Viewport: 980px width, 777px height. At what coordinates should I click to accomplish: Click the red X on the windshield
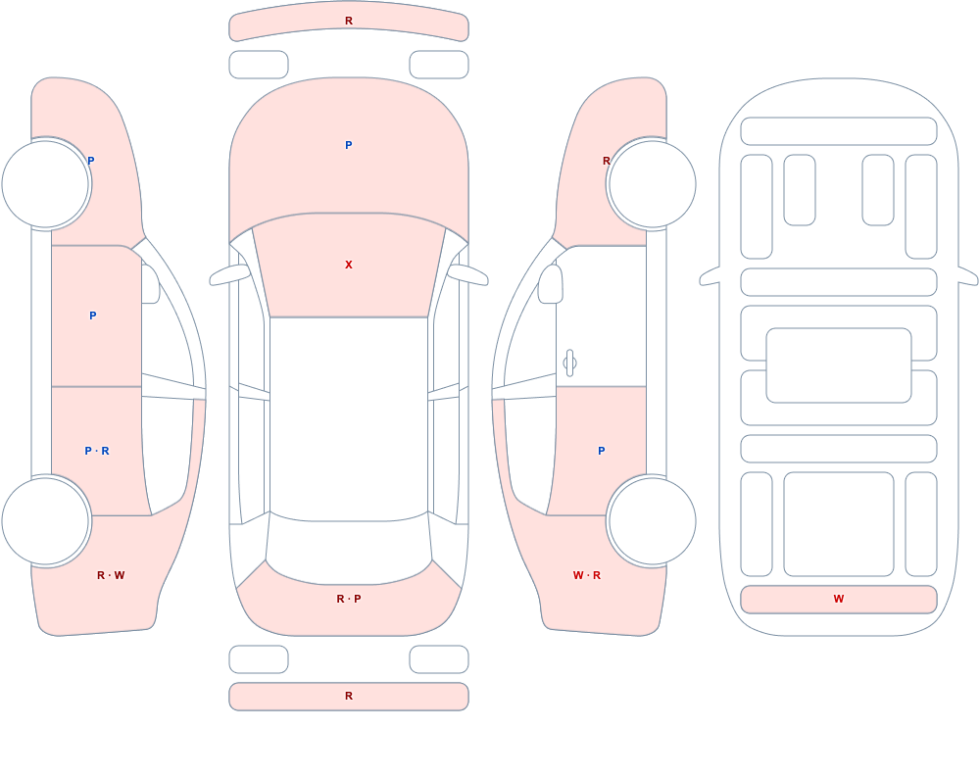click(349, 266)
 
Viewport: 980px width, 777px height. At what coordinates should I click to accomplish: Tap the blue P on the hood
click(349, 145)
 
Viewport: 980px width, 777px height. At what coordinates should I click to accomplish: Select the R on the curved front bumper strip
click(349, 22)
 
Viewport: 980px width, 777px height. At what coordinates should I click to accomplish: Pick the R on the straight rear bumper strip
click(349, 696)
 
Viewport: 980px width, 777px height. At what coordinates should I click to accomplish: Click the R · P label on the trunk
click(349, 599)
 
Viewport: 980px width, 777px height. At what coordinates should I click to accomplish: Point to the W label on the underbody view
click(839, 599)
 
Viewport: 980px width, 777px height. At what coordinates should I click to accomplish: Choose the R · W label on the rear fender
click(111, 575)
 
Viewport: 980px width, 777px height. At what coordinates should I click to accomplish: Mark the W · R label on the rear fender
click(587, 575)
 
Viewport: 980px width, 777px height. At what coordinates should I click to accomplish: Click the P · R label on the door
click(97, 451)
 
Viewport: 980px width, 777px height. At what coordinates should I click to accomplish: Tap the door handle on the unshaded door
click(569, 364)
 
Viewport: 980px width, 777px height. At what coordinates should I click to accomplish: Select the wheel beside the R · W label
click(46, 520)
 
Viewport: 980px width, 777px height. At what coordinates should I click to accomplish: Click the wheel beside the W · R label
click(652, 520)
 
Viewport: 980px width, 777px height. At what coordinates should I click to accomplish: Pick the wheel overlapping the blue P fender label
click(46, 184)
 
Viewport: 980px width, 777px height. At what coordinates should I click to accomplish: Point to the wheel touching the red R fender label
click(652, 184)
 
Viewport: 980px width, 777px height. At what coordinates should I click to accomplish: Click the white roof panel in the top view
click(349, 417)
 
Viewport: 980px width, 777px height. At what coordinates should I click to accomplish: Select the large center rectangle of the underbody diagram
click(839, 365)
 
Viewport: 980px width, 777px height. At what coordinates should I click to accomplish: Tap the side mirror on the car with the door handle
click(550, 284)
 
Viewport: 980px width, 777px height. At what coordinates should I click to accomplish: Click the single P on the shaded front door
click(92, 316)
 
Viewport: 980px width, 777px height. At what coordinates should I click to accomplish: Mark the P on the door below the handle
click(602, 451)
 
